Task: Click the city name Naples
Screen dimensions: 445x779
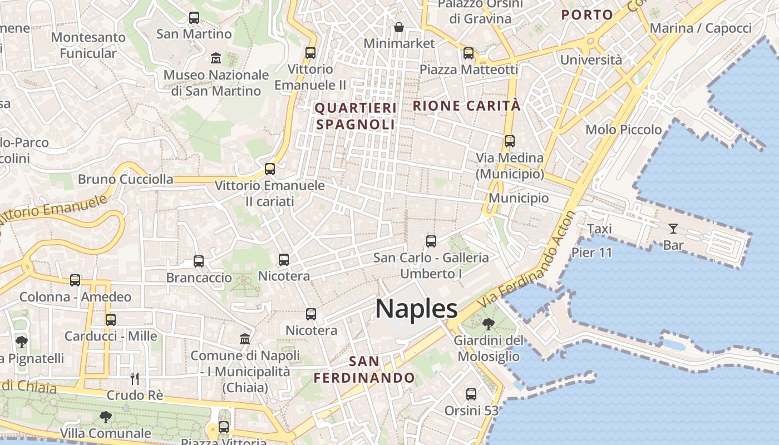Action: click(416, 308)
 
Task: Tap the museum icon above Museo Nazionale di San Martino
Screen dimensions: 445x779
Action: click(215, 58)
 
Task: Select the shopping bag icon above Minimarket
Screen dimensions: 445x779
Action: click(399, 27)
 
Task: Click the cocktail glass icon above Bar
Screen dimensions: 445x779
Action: click(673, 228)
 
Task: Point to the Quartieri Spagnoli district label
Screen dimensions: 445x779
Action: click(356, 116)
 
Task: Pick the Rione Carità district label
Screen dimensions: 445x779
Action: click(466, 106)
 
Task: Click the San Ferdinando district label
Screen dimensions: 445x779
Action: click(364, 370)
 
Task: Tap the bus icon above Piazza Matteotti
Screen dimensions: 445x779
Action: click(469, 53)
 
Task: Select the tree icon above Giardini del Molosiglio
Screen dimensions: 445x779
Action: click(489, 324)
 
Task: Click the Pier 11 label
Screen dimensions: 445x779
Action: click(591, 253)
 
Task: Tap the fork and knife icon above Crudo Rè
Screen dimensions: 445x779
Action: click(134, 379)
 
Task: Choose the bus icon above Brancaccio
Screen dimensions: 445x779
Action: click(199, 261)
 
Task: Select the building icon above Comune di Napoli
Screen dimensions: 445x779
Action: click(244, 339)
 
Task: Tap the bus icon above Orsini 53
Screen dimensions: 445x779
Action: click(471, 394)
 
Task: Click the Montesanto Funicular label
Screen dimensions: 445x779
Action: click(88, 45)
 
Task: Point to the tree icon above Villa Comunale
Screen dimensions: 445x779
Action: click(105, 417)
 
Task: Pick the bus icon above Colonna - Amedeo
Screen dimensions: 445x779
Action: click(75, 280)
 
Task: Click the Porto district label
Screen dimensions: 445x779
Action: click(587, 15)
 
